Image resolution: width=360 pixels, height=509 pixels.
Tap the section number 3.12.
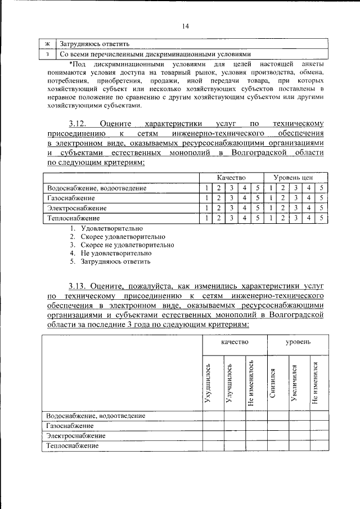click(79, 123)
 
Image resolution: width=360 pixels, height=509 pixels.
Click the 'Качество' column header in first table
click(231, 178)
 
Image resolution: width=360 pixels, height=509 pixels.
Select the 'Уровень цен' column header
click(296, 178)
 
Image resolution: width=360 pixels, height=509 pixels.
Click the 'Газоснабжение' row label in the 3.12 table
click(71, 198)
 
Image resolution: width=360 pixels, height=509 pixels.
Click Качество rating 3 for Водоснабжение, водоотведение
click(231, 188)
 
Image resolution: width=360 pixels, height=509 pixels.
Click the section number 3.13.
click(79, 285)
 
